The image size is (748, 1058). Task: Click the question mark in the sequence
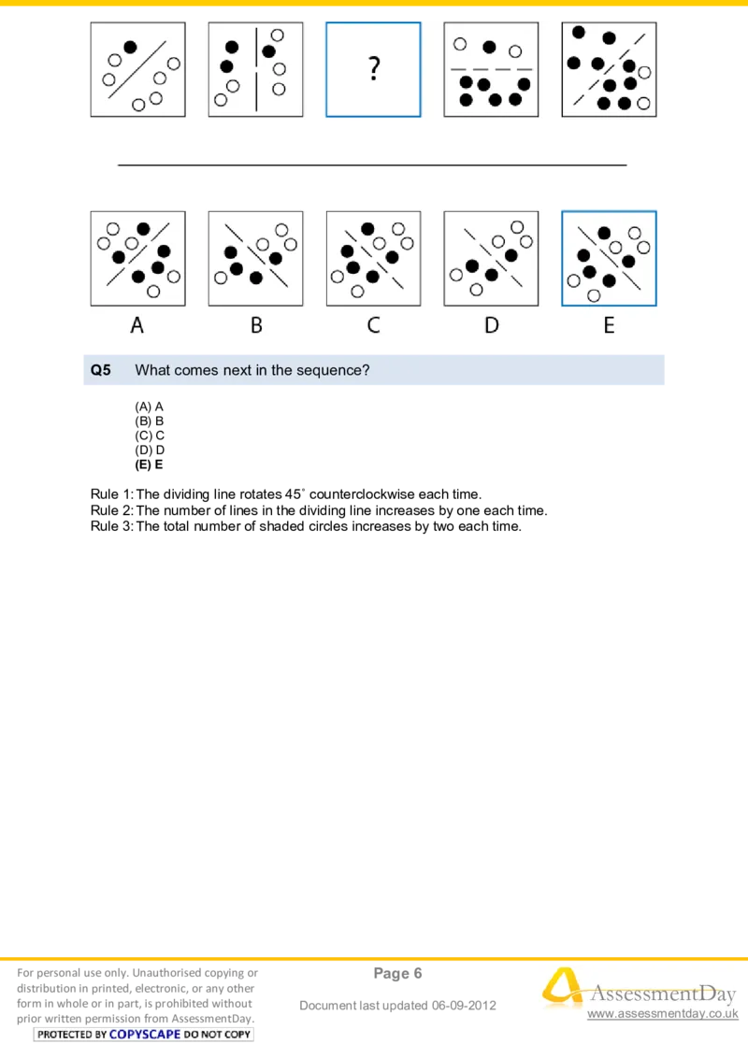[x=373, y=68]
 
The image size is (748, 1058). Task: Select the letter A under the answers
[x=137, y=325]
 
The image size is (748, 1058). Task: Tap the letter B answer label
[x=255, y=325]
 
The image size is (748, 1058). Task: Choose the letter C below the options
[x=373, y=325]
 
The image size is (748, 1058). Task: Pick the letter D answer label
[x=491, y=325]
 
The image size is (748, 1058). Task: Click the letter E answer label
[x=609, y=325]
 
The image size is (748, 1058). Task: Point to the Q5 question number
[x=100, y=370]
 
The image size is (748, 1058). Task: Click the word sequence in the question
[x=333, y=370]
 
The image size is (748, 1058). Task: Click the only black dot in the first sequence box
[x=130, y=47]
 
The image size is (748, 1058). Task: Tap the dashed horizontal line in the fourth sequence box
[x=491, y=70]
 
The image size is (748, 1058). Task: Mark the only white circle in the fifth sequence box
[x=644, y=71]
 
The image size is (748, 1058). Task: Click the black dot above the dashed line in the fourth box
[x=489, y=47]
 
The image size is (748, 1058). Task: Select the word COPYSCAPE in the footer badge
[x=144, y=1035]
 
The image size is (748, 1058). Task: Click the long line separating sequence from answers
[x=372, y=164]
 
